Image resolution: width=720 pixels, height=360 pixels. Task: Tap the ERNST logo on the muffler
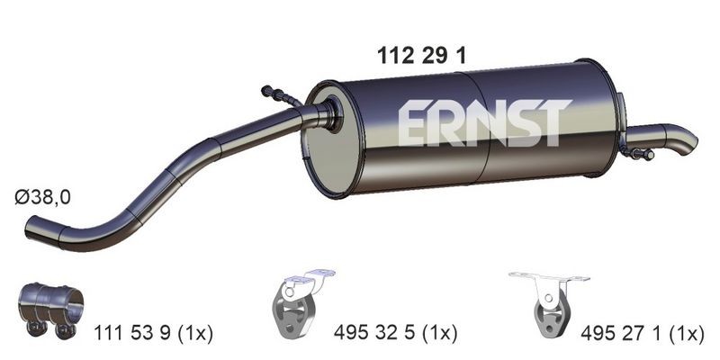[x=483, y=122]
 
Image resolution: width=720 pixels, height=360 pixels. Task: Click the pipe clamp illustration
[x=51, y=306]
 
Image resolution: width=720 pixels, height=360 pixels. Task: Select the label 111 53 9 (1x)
[x=153, y=334]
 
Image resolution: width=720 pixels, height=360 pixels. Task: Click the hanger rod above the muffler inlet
[x=281, y=96]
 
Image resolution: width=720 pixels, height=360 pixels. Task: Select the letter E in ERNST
[x=413, y=122]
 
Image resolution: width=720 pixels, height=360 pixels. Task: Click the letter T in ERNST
[x=554, y=121]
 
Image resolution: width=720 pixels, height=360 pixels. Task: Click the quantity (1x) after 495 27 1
[x=687, y=334]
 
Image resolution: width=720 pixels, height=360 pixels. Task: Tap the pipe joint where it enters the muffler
[x=324, y=114]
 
